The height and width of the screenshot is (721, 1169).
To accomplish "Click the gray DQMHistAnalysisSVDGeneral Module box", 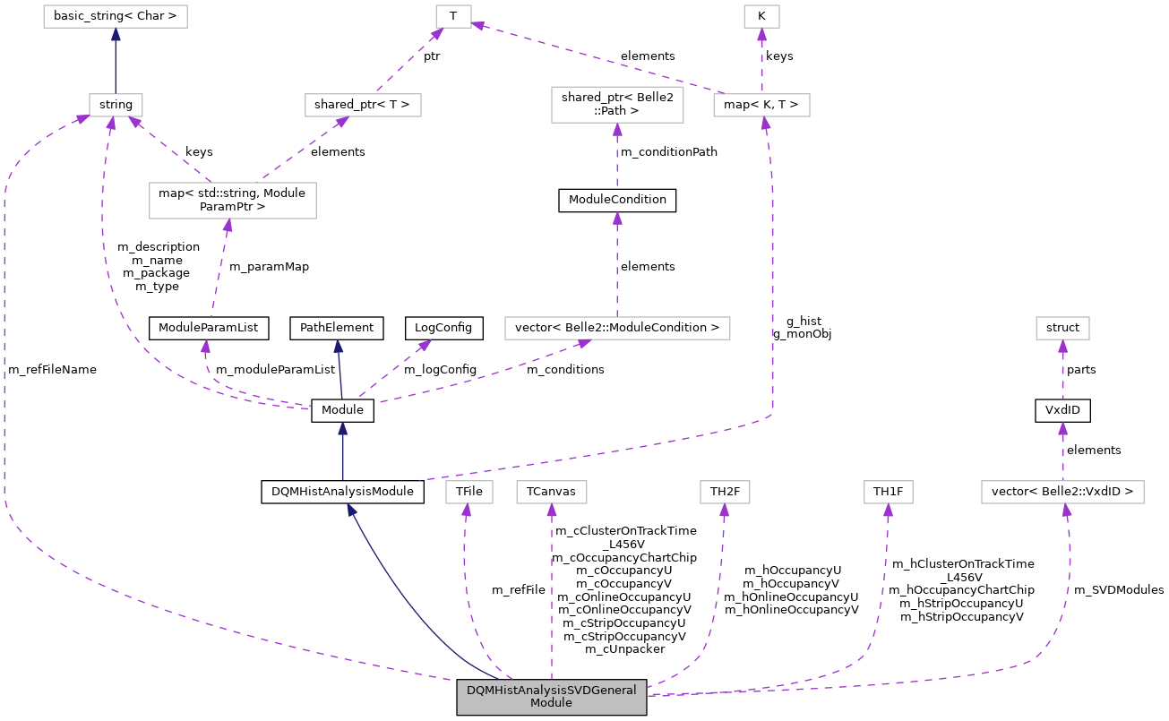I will coord(551,697).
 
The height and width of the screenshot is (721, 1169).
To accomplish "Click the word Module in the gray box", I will coord(551,703).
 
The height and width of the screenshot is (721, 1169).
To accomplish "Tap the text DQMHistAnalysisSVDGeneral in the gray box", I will coord(551,691).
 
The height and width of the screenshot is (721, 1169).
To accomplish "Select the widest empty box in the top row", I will coord(116,16).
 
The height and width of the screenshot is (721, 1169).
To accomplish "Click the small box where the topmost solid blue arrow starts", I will coord(116,105).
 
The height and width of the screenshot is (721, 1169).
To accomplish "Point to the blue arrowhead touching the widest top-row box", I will coord(116,35).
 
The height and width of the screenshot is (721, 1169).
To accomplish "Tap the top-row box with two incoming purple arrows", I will coord(453,16).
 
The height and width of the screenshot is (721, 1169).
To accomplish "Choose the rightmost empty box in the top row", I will coord(761,16).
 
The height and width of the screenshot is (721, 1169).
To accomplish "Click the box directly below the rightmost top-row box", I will coord(761,105).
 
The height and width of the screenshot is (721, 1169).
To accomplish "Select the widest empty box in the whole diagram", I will coord(617,328).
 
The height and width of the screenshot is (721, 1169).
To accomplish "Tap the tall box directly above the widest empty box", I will coord(617,105).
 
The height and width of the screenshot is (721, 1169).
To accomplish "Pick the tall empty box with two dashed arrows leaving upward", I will coord(233,200).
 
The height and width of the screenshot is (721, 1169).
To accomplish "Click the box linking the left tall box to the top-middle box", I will coord(363,105).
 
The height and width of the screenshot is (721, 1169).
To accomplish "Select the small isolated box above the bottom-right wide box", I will coord(1062,328).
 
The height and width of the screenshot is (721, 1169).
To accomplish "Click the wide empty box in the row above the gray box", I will coord(1062,492).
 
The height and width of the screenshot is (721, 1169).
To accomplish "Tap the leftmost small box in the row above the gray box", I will coord(469,492).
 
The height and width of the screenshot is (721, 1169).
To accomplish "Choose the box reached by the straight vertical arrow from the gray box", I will coord(552,492).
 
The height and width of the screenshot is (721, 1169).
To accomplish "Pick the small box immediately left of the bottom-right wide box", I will coord(888,492).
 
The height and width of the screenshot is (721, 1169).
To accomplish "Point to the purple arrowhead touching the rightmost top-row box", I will coord(761,35).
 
